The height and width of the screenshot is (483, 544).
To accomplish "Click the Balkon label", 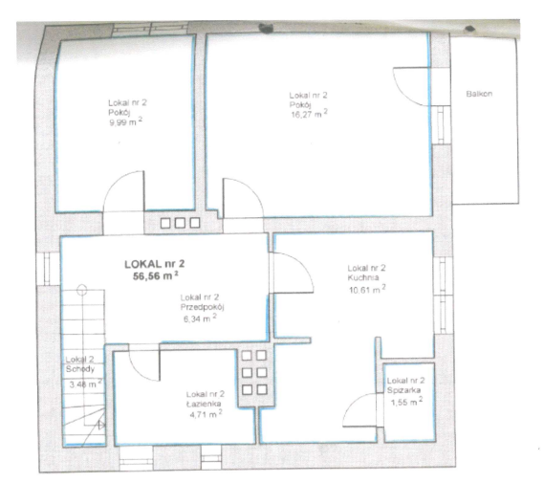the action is (479, 94).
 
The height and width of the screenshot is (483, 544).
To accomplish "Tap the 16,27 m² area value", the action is (309, 114).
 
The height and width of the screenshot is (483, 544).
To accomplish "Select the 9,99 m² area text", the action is (126, 121).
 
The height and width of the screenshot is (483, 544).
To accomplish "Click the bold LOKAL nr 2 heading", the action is (154, 264).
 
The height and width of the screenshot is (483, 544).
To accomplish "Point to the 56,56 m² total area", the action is (156, 275).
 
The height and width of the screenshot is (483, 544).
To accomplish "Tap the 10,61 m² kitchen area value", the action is (367, 289).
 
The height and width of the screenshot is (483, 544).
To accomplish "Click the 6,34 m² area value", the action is (200, 318).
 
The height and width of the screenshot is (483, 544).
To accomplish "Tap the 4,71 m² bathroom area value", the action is (207, 414).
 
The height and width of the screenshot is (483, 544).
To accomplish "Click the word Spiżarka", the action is (403, 390).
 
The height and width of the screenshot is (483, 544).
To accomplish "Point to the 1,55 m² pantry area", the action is (406, 402).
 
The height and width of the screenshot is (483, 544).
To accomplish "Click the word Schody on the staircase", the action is (80, 369).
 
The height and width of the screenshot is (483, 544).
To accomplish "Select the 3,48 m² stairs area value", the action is (85, 384).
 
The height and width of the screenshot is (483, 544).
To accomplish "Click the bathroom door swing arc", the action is (139, 371).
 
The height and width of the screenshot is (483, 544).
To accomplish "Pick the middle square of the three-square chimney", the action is (180, 223).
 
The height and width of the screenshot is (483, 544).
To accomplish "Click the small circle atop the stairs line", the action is (82, 290).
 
